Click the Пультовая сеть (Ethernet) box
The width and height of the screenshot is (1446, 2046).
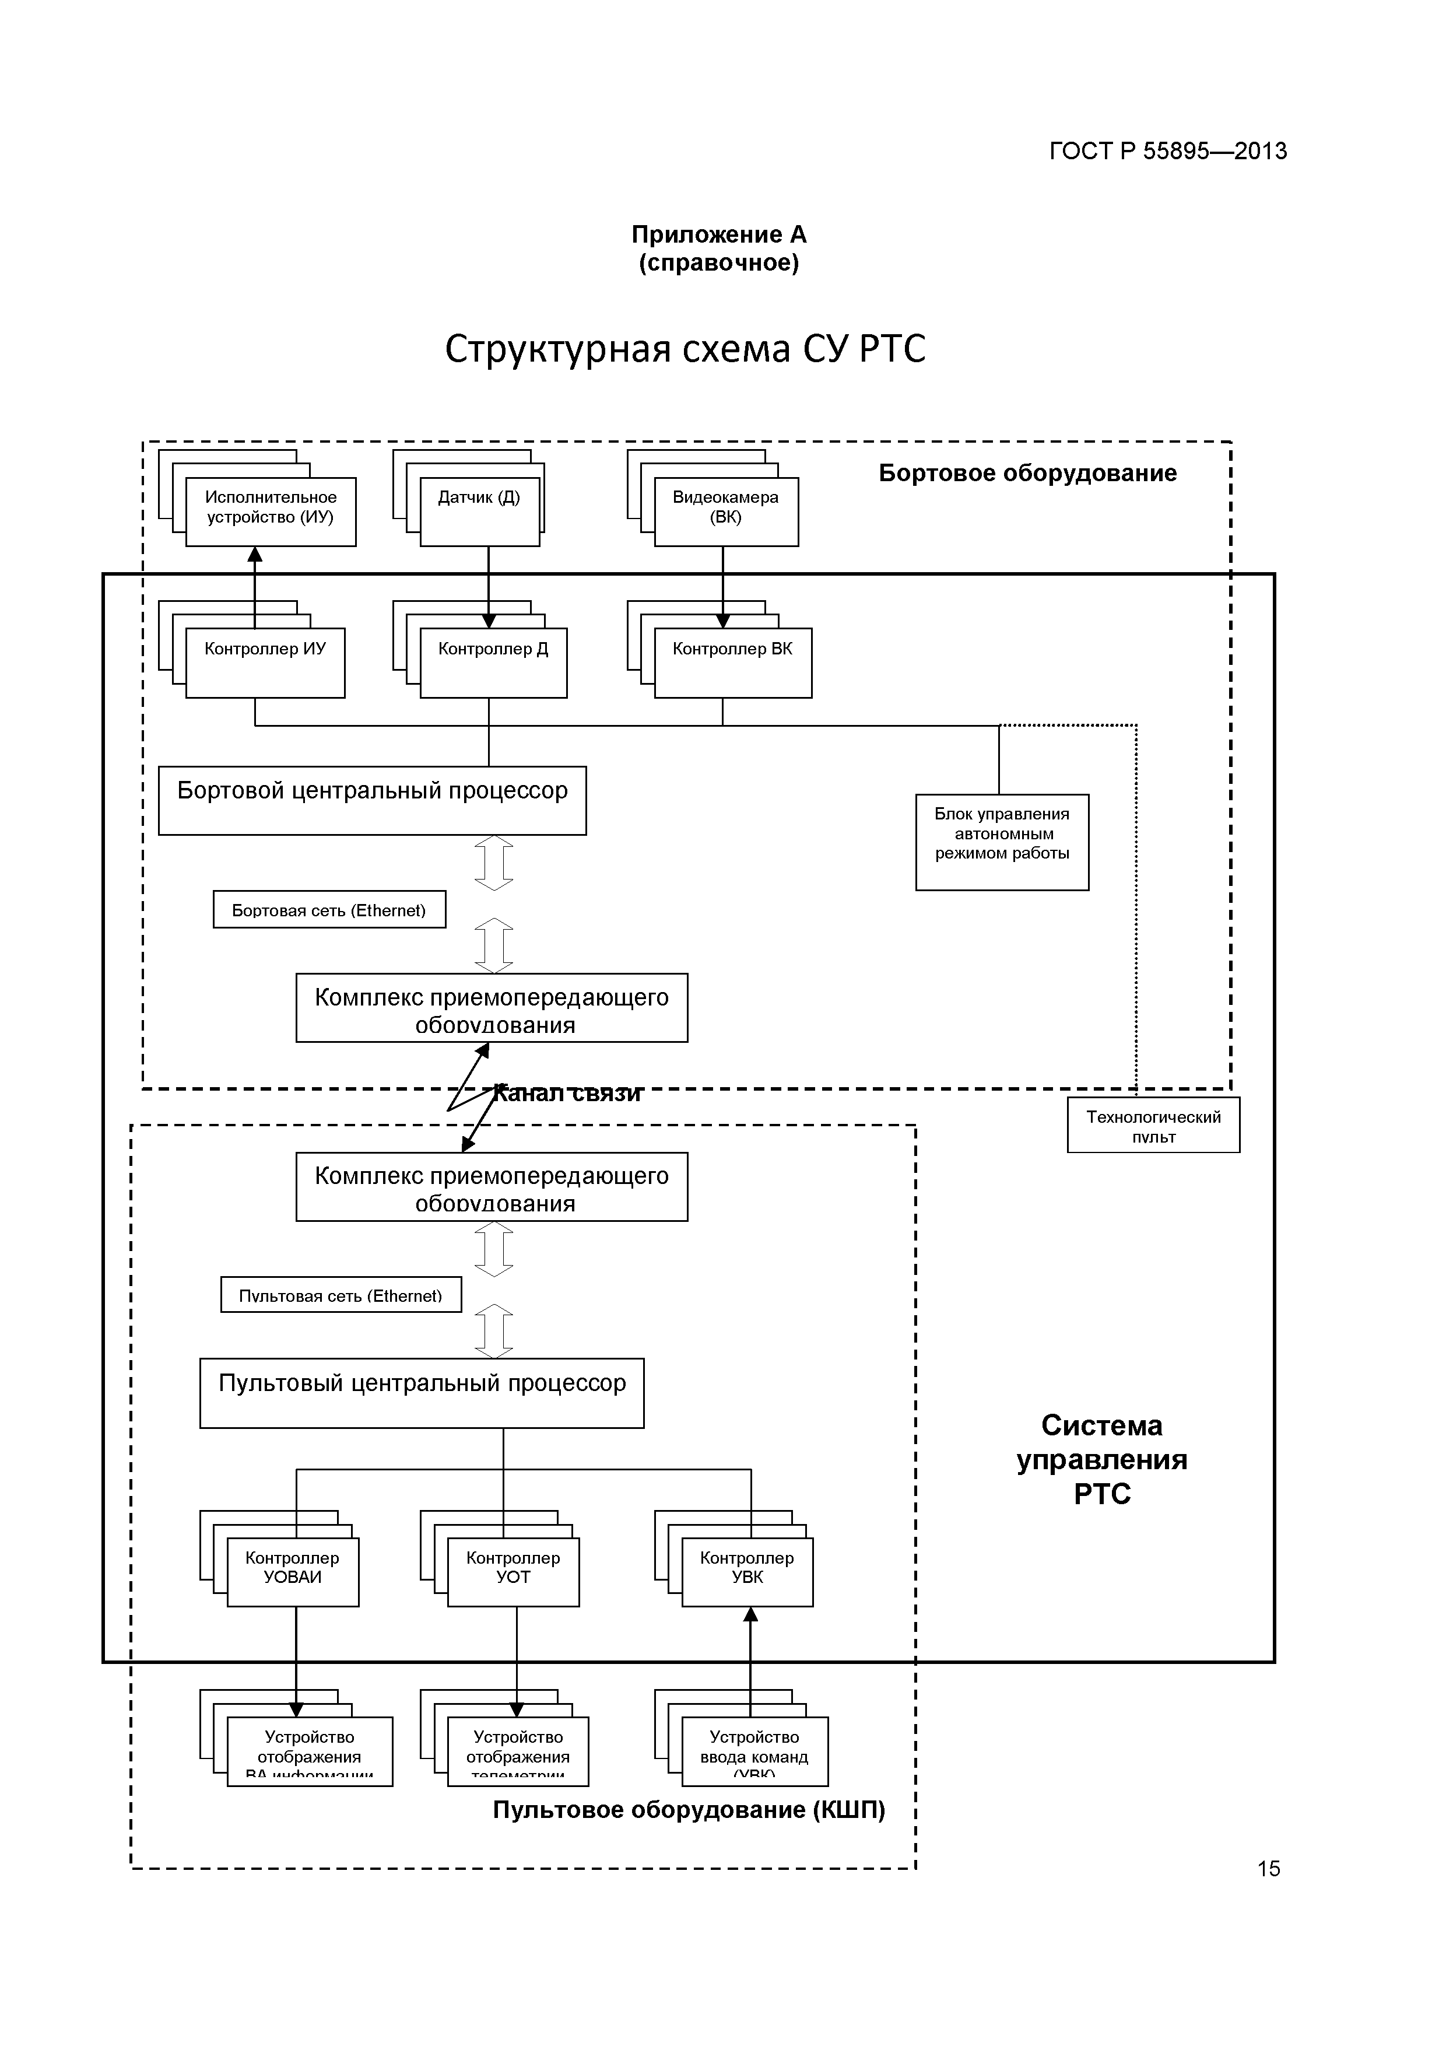click(341, 1295)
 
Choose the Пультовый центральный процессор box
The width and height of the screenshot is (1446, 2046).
click(422, 1393)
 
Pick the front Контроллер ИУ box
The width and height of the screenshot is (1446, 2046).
click(265, 663)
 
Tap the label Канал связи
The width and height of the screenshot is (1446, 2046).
click(567, 1094)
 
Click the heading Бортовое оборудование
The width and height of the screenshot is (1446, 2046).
click(1027, 473)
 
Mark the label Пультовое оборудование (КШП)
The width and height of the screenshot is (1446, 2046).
click(689, 1810)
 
